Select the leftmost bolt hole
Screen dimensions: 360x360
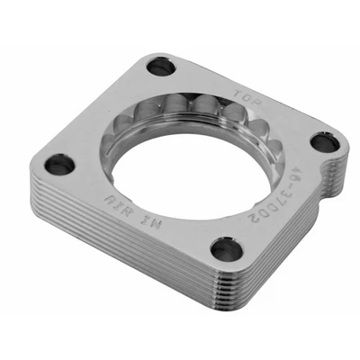coord(60,164)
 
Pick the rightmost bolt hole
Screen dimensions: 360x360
coord(325,143)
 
